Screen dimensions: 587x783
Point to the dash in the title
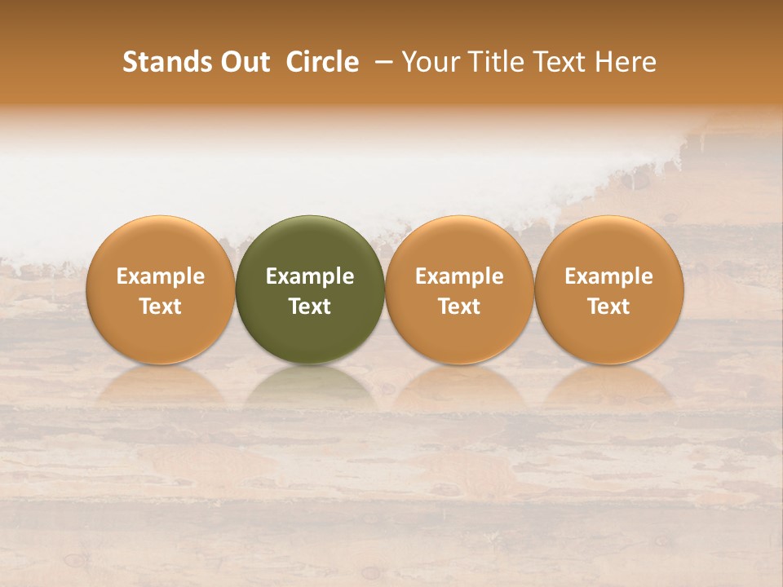[x=380, y=62]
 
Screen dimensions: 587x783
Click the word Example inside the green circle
[x=310, y=277]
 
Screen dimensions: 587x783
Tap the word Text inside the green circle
[x=310, y=307]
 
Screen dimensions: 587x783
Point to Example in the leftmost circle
[x=161, y=277]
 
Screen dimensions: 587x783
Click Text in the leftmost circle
[x=161, y=307]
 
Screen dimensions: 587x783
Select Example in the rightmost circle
[x=609, y=277]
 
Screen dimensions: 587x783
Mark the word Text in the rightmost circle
[x=609, y=307]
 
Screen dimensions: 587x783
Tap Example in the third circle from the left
[x=459, y=277]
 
